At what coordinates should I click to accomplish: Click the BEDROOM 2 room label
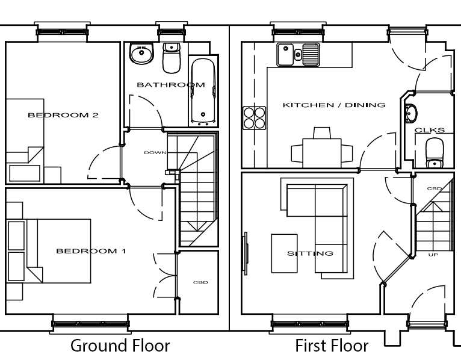click(63, 115)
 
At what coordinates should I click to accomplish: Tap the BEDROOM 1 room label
click(91, 251)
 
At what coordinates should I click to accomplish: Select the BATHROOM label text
click(171, 85)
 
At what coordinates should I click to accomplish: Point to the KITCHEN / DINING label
click(334, 105)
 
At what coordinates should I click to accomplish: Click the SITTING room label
click(310, 253)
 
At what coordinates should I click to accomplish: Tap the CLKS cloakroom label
click(430, 130)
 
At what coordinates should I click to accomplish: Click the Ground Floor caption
click(120, 346)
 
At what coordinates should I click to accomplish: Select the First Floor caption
click(332, 346)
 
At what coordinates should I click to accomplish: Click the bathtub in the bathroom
click(203, 92)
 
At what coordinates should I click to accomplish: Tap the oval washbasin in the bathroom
click(141, 53)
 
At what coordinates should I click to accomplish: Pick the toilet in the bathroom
click(172, 58)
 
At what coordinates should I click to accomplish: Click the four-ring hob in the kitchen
click(255, 117)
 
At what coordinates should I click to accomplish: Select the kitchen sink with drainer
click(298, 54)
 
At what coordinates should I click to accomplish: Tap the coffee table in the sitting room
click(284, 253)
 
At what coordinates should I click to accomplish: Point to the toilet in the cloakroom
click(435, 153)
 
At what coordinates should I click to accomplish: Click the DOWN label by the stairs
click(155, 152)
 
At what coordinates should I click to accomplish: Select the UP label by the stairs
click(433, 255)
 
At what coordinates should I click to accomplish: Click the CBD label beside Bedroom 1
click(200, 282)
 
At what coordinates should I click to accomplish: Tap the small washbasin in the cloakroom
click(411, 113)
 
